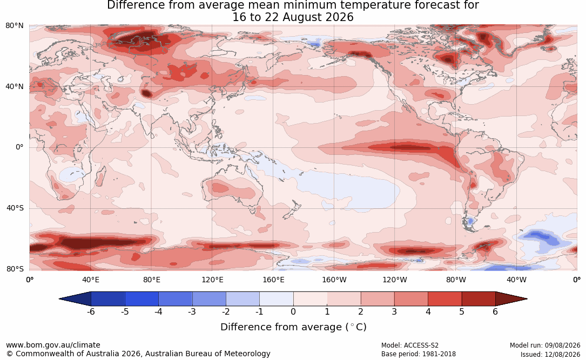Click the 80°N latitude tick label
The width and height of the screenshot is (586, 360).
pos(14,26)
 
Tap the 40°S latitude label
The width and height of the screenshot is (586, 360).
pos(15,208)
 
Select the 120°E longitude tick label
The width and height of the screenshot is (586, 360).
pos(212,280)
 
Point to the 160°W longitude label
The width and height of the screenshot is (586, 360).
pos(334,280)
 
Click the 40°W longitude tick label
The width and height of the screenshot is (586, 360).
pos(516,280)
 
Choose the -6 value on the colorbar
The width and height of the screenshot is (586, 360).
pos(91,311)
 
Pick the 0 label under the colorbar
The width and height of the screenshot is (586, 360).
pos(293,311)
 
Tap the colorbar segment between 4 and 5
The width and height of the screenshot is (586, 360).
pos(444,299)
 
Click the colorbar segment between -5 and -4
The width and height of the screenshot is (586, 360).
pos(142,299)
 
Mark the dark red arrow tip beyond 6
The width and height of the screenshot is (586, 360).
pos(527,299)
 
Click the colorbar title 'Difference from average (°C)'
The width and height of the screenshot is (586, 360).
pos(293,327)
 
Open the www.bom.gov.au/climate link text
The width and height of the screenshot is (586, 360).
pos(53,345)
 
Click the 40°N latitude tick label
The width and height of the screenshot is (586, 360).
pos(14,87)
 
